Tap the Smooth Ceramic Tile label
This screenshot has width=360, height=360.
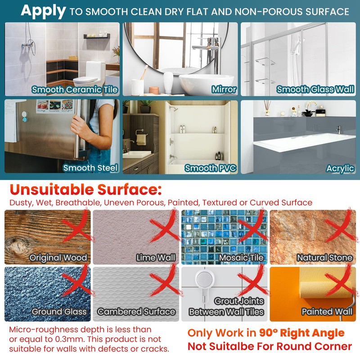[75, 90]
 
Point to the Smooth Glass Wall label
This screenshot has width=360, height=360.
[315, 89]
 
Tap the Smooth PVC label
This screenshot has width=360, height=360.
[210, 168]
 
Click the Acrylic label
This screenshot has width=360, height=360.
[340, 168]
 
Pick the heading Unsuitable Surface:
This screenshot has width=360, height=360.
[85, 189]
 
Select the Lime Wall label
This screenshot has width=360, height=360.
[156, 257]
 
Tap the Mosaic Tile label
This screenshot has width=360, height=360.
[241, 257]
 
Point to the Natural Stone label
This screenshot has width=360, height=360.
[324, 257]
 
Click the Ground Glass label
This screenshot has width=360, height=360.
[59, 311]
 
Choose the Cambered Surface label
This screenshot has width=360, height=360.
[136, 311]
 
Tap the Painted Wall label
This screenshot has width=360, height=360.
[327, 311]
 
